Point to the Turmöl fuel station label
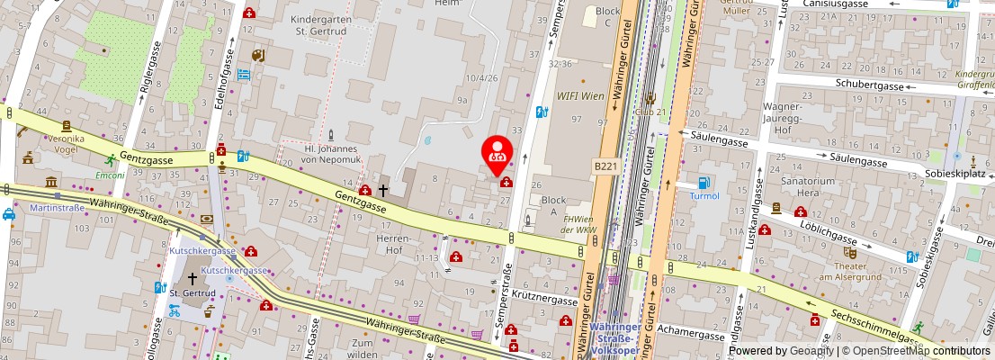(x=704, y=195)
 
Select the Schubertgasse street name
(x=842, y=83)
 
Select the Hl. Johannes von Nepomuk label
(x=331, y=154)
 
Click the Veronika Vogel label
(x=65, y=144)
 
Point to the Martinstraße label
(x=57, y=208)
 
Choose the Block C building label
(x=608, y=16)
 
